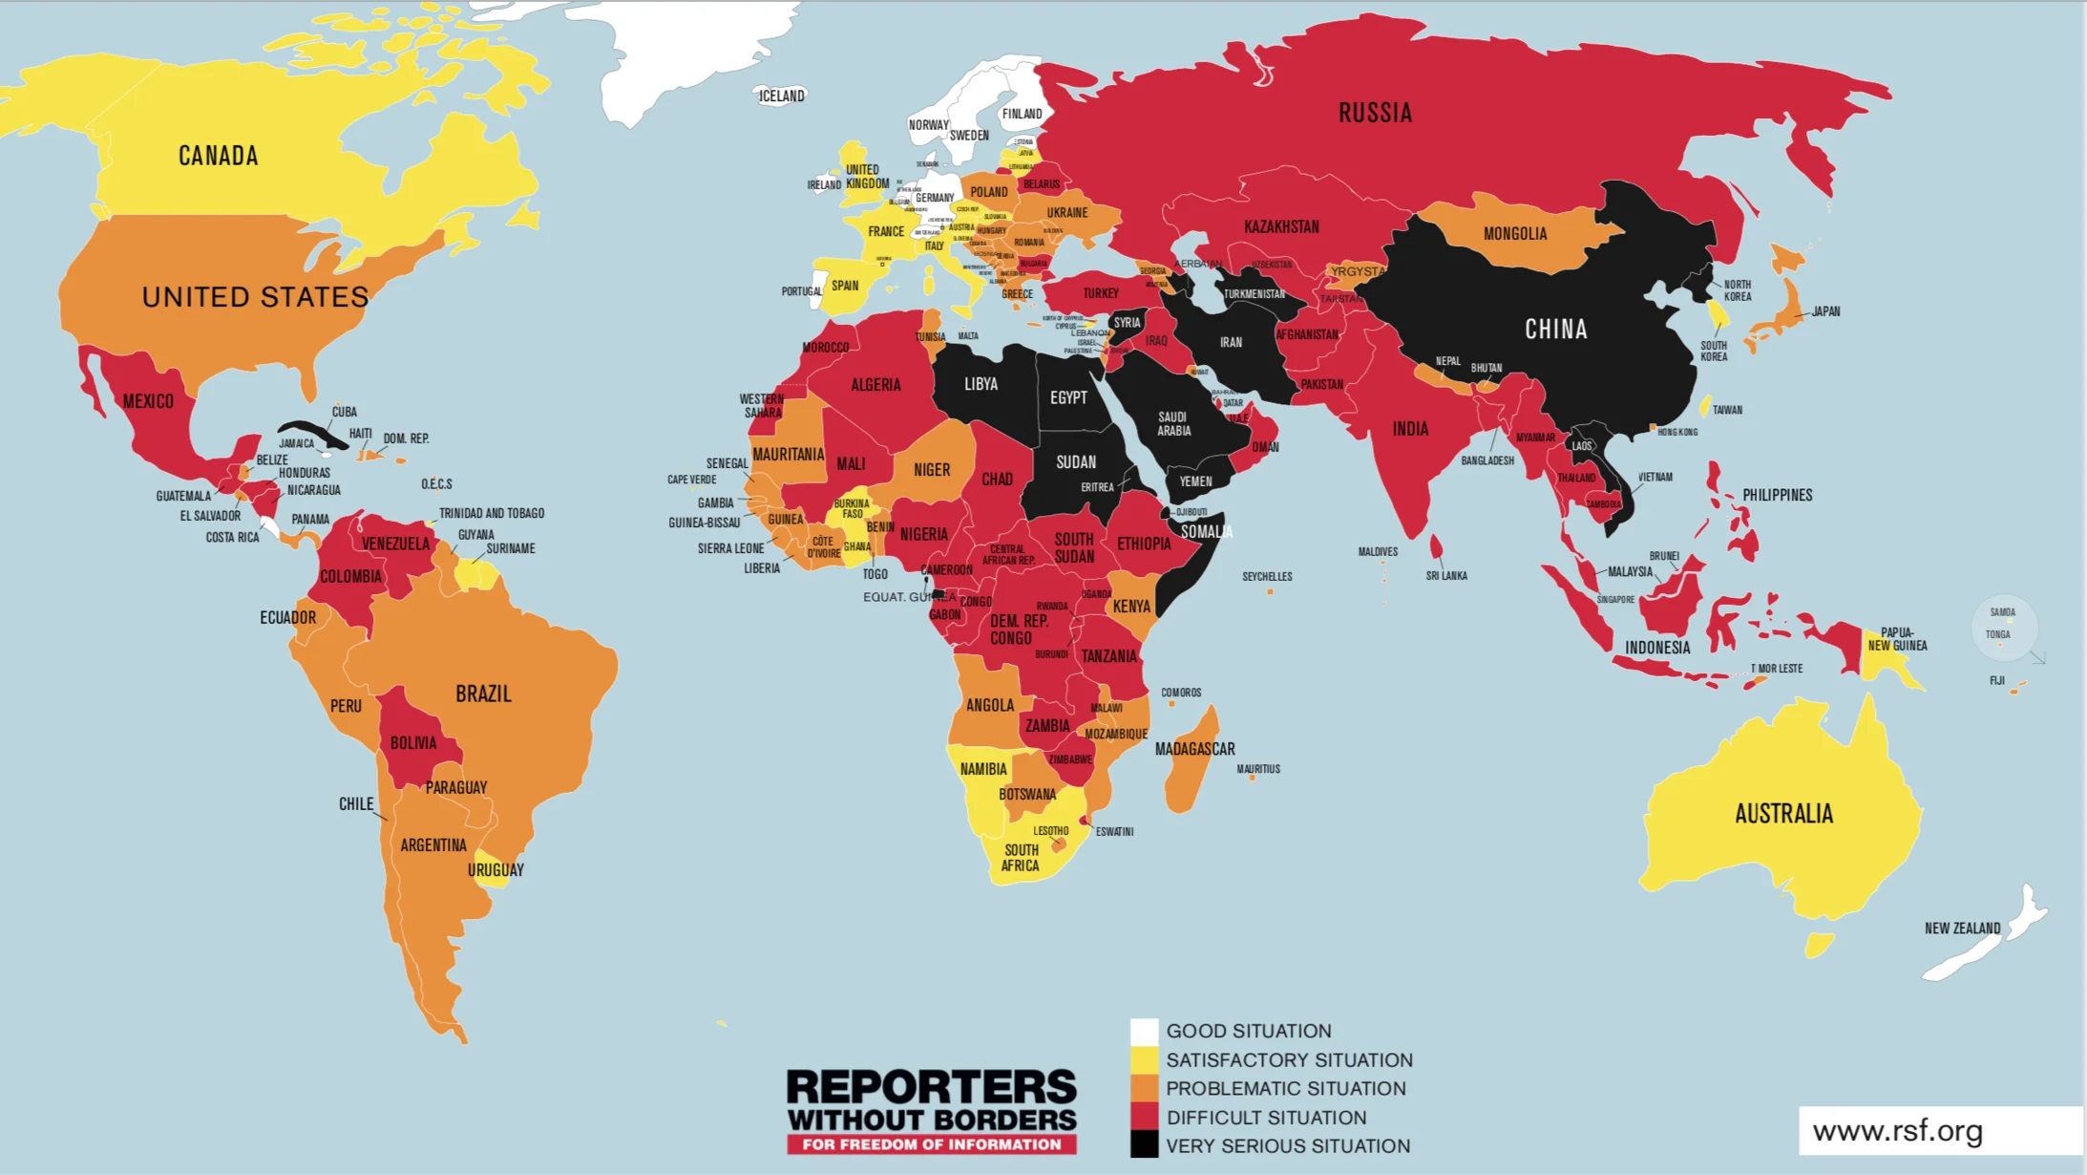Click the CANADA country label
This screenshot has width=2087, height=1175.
point(218,156)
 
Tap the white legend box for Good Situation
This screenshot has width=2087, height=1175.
point(1144,1032)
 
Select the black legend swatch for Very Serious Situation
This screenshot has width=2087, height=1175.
point(1144,1144)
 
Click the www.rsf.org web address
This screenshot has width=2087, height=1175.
point(1897,1131)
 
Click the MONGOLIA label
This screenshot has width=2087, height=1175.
point(1515,234)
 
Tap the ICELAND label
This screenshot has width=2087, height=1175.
point(782,96)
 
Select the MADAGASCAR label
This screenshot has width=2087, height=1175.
point(1194,749)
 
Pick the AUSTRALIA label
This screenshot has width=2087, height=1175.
point(1783,814)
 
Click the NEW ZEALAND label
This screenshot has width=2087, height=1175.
point(1962,929)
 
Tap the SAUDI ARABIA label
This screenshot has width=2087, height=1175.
point(1173,424)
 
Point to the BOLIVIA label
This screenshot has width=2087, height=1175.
point(413,743)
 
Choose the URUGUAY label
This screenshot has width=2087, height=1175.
point(495,870)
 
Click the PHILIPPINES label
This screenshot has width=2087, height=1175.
point(1777,495)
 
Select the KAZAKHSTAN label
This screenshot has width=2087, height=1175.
point(1281,227)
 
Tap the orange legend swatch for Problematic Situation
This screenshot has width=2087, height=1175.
point(1144,1088)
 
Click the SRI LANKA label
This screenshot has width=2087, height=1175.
point(1446,576)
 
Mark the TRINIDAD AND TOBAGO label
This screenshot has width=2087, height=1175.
point(492,513)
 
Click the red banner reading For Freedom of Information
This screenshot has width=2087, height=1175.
point(931,1144)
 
